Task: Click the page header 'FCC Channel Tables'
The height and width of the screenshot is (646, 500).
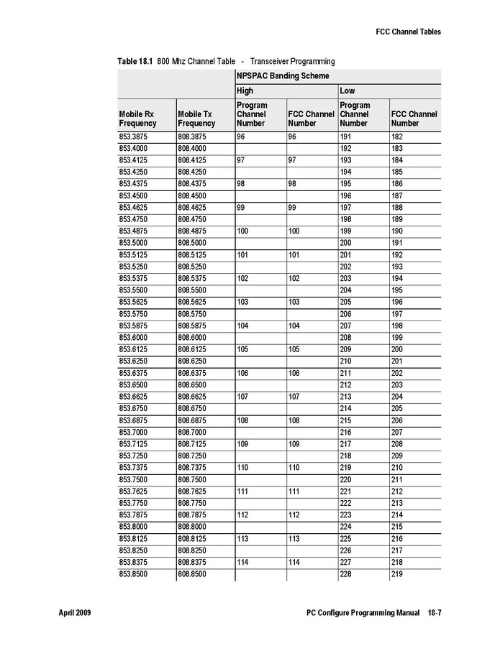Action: (x=408, y=32)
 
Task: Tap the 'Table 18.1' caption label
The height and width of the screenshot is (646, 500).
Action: (x=135, y=62)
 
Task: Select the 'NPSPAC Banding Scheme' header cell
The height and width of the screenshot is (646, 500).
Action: (x=283, y=75)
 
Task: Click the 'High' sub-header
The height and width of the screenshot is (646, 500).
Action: (x=245, y=91)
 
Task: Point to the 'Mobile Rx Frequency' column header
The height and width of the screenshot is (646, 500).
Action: (x=137, y=119)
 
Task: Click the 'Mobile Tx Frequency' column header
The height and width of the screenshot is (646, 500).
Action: (x=196, y=119)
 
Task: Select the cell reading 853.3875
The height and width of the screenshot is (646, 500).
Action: (x=134, y=137)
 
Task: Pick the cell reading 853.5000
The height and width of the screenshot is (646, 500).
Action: (x=134, y=243)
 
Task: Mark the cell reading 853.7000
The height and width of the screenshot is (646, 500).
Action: (x=134, y=432)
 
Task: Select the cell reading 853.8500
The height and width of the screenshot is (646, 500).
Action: (x=134, y=574)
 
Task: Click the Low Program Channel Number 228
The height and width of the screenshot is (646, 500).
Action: (x=346, y=574)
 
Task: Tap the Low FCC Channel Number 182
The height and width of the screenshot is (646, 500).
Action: (x=397, y=137)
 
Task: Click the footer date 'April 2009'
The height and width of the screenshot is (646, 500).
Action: (x=75, y=613)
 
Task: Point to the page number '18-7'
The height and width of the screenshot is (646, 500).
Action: (x=434, y=613)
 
